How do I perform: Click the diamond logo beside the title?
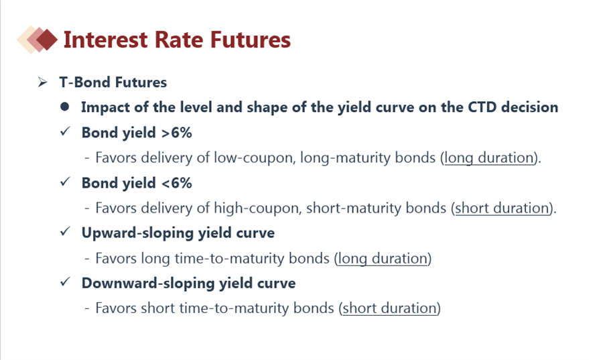point(37,40)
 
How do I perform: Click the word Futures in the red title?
point(250,40)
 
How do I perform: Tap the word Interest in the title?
point(106,40)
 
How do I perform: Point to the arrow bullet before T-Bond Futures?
point(42,82)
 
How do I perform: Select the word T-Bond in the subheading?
point(85,82)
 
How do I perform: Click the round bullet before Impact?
point(64,107)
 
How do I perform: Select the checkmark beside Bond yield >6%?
point(65,131)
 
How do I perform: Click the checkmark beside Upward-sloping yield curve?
point(65,231)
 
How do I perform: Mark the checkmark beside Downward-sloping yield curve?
point(65,282)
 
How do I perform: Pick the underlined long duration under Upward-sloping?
point(383,259)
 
